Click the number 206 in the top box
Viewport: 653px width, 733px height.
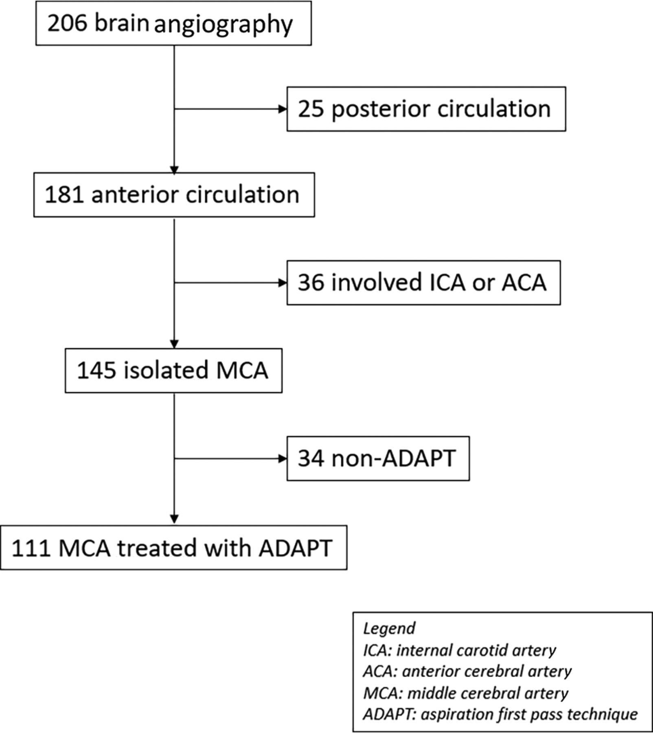pyautogui.click(x=67, y=23)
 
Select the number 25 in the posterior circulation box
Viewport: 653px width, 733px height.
pyautogui.click(x=311, y=109)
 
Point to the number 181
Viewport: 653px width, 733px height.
pyautogui.click(x=64, y=194)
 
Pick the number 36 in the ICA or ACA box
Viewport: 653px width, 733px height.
pyautogui.click(x=311, y=282)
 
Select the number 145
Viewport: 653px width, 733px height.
pyautogui.click(x=96, y=370)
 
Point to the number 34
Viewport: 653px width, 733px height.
pyautogui.click(x=311, y=458)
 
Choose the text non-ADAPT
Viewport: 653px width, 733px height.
pyautogui.click(x=394, y=458)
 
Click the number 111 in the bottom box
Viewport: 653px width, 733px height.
pyautogui.click(x=31, y=548)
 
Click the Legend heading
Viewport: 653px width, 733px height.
pyautogui.click(x=389, y=628)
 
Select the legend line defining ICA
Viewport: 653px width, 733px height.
pyautogui.click(x=460, y=650)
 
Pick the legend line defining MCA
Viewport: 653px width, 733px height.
pyautogui.click(x=466, y=693)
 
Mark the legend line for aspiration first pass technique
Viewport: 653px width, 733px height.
pyautogui.click(x=500, y=714)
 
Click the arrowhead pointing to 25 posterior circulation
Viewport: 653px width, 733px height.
pyautogui.click(x=283, y=109)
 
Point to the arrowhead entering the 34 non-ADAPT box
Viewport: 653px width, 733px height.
pyautogui.click(x=283, y=459)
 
